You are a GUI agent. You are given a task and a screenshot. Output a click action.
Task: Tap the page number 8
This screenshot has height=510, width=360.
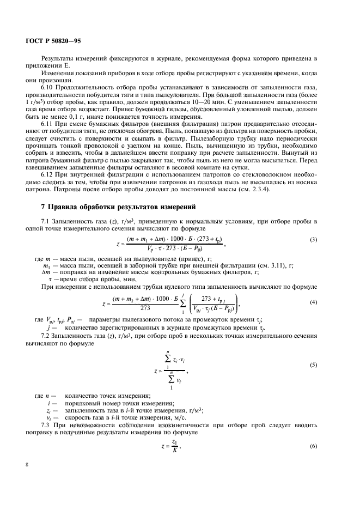[27, 464]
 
